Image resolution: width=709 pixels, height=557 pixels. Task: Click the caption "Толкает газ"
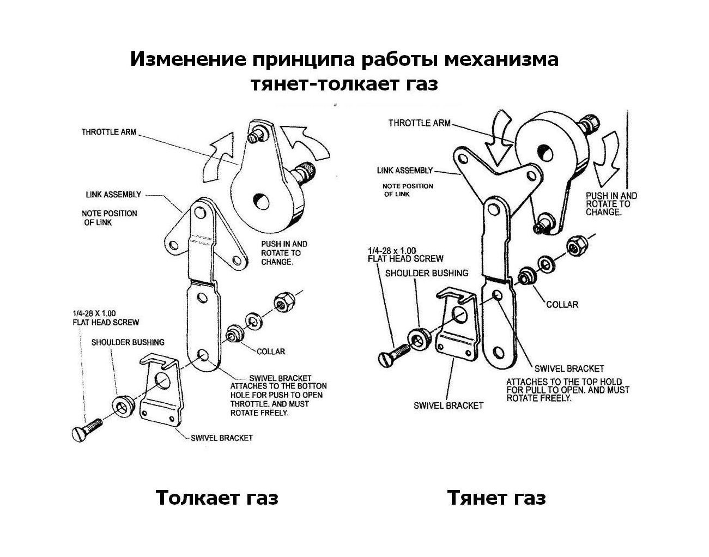pyautogui.click(x=217, y=498)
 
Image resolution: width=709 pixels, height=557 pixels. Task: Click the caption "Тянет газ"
pyautogui.click(x=496, y=498)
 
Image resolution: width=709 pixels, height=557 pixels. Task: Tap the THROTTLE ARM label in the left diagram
pyautogui.click(x=108, y=132)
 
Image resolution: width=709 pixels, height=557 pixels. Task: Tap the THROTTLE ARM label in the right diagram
pyautogui.click(x=419, y=123)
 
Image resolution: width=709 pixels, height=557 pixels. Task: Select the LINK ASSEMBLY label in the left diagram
pyautogui.click(x=113, y=195)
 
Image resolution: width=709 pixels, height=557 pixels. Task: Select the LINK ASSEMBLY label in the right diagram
pyautogui.click(x=404, y=171)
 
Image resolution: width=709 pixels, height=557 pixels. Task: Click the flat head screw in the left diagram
pyautogui.click(x=87, y=429)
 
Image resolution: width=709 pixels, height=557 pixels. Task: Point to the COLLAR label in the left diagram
pyautogui.click(x=270, y=352)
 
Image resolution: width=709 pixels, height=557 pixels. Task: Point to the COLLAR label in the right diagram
pyautogui.click(x=562, y=304)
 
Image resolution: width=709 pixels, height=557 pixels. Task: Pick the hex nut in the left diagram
pyautogui.click(x=283, y=301)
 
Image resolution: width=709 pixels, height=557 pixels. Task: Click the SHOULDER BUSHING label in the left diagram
pyautogui.click(x=128, y=342)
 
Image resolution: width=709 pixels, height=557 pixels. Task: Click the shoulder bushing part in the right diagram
pyautogui.click(x=420, y=340)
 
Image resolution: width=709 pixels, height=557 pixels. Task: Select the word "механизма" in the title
pyautogui.click(x=501, y=59)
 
